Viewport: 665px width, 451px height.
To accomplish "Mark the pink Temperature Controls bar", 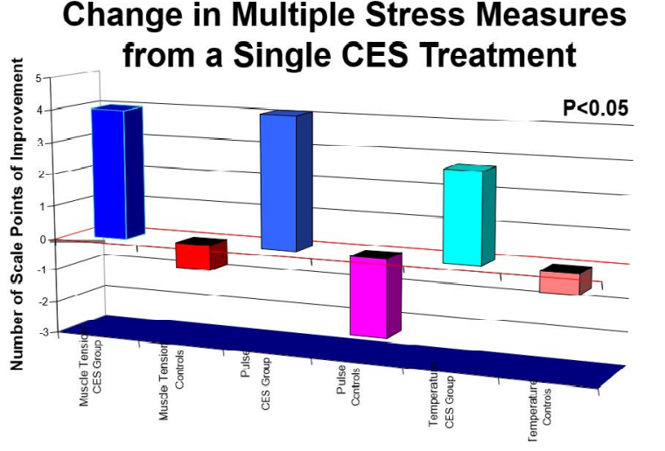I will (x=560, y=282).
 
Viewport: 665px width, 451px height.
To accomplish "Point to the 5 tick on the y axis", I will (x=38, y=79).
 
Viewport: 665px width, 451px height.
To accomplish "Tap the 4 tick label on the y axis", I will (x=38, y=110).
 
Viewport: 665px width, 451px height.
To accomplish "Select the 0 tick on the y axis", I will (x=38, y=238).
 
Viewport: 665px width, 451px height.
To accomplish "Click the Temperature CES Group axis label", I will (x=443, y=398).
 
